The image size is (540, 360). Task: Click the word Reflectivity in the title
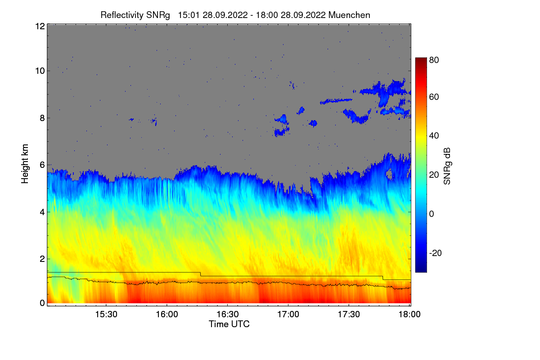[x=119, y=15]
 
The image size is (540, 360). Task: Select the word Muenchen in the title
[x=349, y=15]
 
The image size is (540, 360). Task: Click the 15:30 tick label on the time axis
[x=106, y=315]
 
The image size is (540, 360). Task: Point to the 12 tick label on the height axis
[x=39, y=26]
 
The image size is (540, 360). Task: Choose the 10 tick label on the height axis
[x=39, y=71]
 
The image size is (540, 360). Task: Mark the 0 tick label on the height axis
[x=42, y=303]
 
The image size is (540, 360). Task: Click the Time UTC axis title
[x=229, y=324]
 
